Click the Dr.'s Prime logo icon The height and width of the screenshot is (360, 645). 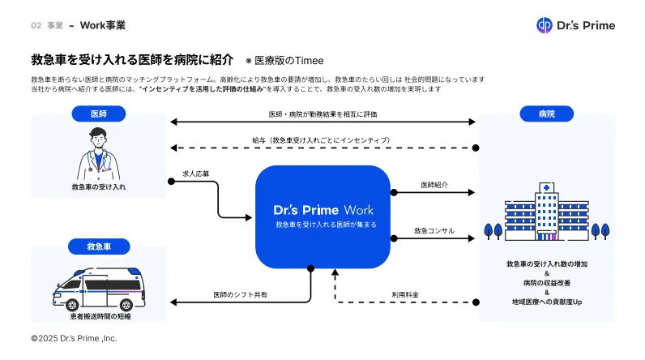click(x=544, y=25)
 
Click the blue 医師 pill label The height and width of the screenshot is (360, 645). click(x=97, y=114)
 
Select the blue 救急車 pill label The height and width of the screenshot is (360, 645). click(x=99, y=245)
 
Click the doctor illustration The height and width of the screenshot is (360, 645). click(x=98, y=155)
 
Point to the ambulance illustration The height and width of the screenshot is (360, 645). click(x=98, y=285)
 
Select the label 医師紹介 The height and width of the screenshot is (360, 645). click(x=434, y=185)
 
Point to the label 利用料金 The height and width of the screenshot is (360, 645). click(x=405, y=294)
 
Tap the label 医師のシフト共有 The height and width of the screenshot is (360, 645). click(x=240, y=294)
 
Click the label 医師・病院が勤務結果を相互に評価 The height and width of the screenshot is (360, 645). click(x=322, y=114)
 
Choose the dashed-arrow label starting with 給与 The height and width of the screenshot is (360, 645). click(x=322, y=140)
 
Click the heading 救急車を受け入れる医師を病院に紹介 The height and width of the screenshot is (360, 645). click(x=132, y=60)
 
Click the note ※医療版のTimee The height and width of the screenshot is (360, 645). click(x=284, y=61)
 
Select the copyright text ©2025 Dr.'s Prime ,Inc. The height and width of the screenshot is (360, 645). click(x=74, y=337)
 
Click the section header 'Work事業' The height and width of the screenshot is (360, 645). click(x=102, y=25)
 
